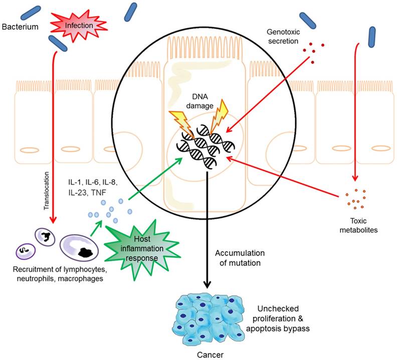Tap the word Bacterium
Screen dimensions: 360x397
(20, 26)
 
